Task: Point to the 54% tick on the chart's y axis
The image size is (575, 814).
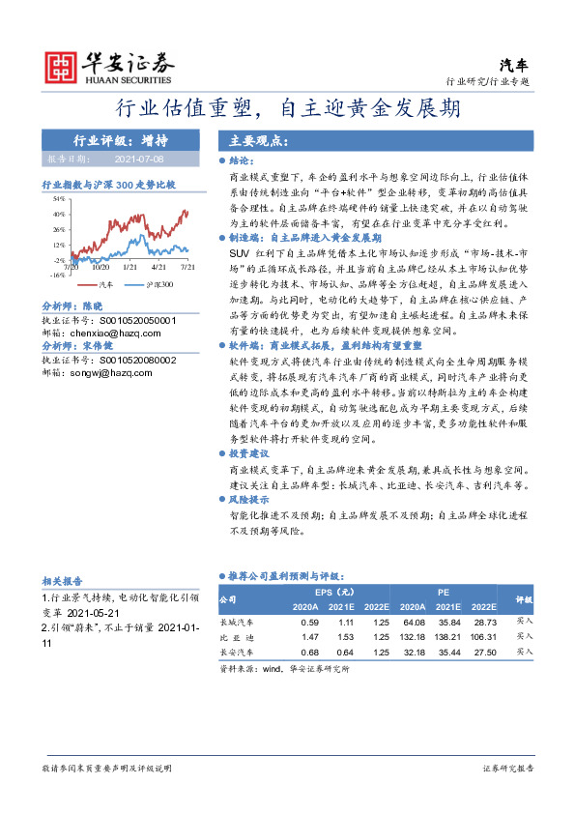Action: (x=59, y=197)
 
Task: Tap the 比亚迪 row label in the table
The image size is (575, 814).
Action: (x=237, y=637)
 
